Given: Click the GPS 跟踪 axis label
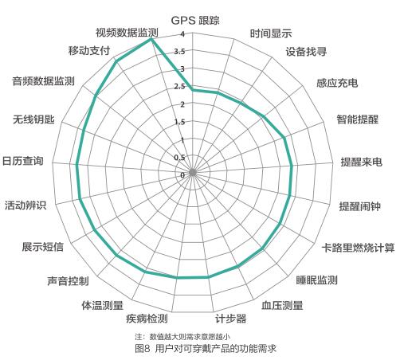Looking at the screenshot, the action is tap(195, 21).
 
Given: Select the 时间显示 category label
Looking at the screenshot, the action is tap(271, 33).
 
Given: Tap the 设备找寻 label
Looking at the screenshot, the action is tap(306, 52).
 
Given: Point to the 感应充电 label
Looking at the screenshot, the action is tap(337, 83).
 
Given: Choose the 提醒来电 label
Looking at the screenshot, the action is tap(362, 162).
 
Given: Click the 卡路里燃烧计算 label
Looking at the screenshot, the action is tap(358, 248).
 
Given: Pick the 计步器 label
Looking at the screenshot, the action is tap(231, 319).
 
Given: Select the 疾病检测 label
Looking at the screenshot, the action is tap(147, 319).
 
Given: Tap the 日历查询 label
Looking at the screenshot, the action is tap(23, 161).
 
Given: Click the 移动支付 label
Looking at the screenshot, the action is tap(89, 50).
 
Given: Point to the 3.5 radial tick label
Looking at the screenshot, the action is tap(179, 52).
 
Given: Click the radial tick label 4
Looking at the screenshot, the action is tap(182, 34).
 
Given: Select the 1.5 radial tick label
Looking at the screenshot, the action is tap(179, 122).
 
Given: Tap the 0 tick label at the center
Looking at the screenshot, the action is tap(182, 175).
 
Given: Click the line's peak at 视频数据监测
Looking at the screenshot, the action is tap(151, 39).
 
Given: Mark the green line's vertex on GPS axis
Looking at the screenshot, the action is tap(193, 90).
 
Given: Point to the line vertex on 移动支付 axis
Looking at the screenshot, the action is tap(116, 61).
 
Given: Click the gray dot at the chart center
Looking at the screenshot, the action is tap(193, 173).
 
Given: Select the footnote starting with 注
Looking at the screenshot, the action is tap(182, 337).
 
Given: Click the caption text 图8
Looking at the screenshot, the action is tap(143, 348).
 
